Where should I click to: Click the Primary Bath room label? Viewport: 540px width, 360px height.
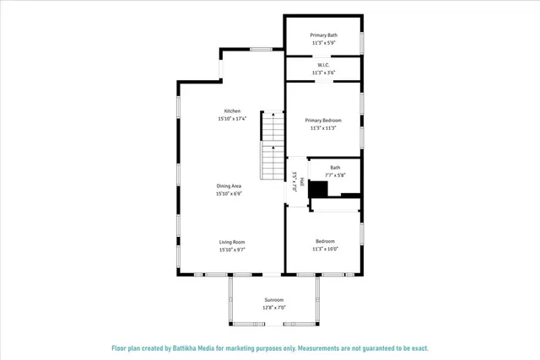(324, 35)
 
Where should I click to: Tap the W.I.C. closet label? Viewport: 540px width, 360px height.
(324, 65)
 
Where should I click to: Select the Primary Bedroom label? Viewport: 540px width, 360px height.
(324, 121)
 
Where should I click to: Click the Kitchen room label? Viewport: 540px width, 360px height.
(232, 111)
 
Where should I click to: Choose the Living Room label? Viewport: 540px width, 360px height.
(232, 242)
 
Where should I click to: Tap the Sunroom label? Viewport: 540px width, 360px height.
(273, 300)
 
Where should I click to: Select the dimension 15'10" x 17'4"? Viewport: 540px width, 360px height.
(232, 119)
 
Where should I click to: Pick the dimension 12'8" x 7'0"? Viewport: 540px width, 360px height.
(273, 308)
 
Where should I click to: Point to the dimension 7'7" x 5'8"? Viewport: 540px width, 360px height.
(335, 175)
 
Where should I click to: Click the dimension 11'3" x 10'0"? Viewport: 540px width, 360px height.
(325, 249)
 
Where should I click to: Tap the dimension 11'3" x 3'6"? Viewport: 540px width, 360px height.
(324, 73)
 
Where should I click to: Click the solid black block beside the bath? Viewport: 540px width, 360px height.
(318, 190)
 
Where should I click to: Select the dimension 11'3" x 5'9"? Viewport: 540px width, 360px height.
(324, 42)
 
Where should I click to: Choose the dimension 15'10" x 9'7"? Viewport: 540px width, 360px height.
(232, 250)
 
